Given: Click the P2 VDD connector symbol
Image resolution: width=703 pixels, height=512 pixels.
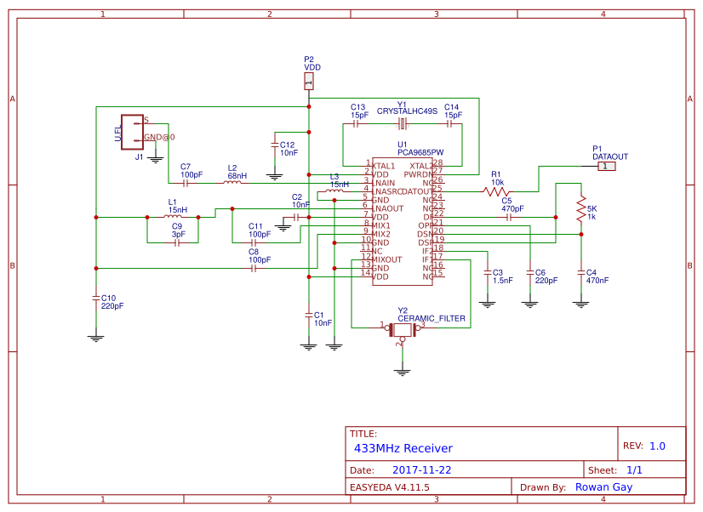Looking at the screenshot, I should pos(308,82).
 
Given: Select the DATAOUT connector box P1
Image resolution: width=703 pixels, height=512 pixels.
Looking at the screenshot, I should pos(604,166).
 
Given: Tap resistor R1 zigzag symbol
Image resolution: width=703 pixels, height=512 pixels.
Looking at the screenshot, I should pos(497,192).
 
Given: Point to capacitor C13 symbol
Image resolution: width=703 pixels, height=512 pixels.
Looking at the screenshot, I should pos(357,124).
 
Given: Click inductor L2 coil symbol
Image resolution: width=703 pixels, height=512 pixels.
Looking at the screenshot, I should pos(232,182).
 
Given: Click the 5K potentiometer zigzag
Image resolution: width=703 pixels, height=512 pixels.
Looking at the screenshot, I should pos(580,208).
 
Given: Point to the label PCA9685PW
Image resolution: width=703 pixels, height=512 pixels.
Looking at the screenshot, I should pos(420,152).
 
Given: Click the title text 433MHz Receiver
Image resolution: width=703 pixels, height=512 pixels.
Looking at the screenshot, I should pos(403,448).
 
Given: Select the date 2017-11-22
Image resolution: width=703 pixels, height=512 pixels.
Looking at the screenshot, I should pos(422,469).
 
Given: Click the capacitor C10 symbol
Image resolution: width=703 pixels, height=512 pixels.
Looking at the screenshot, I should pos(96,298).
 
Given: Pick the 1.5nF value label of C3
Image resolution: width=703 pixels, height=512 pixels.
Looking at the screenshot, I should pos(503,280).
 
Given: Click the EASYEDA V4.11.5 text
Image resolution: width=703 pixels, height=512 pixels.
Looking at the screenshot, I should pos(390,487).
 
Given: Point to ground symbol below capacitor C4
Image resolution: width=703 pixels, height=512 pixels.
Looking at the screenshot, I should pos(580,303).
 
